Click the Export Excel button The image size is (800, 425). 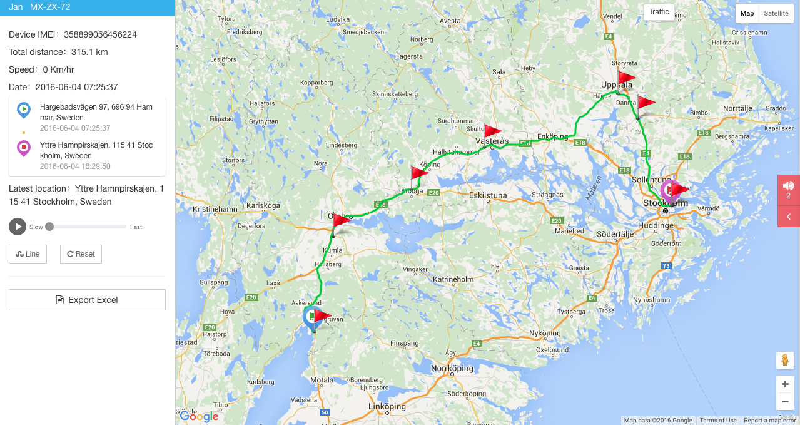pos(87,300)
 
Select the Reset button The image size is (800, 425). pos(81,254)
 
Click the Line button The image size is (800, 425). pos(28,254)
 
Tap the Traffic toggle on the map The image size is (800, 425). pos(659,12)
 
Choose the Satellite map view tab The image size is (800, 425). pos(776,13)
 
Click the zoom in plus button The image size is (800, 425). pos(784,384)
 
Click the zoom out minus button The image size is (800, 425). pos(784,401)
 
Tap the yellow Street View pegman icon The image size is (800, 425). pos(784,361)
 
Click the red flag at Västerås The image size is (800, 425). pos(493,131)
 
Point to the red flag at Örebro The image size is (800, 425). pos(342,220)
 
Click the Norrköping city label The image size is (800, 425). pos(453,368)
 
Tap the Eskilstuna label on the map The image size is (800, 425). pos(488,195)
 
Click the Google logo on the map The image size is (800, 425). pos(199,416)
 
